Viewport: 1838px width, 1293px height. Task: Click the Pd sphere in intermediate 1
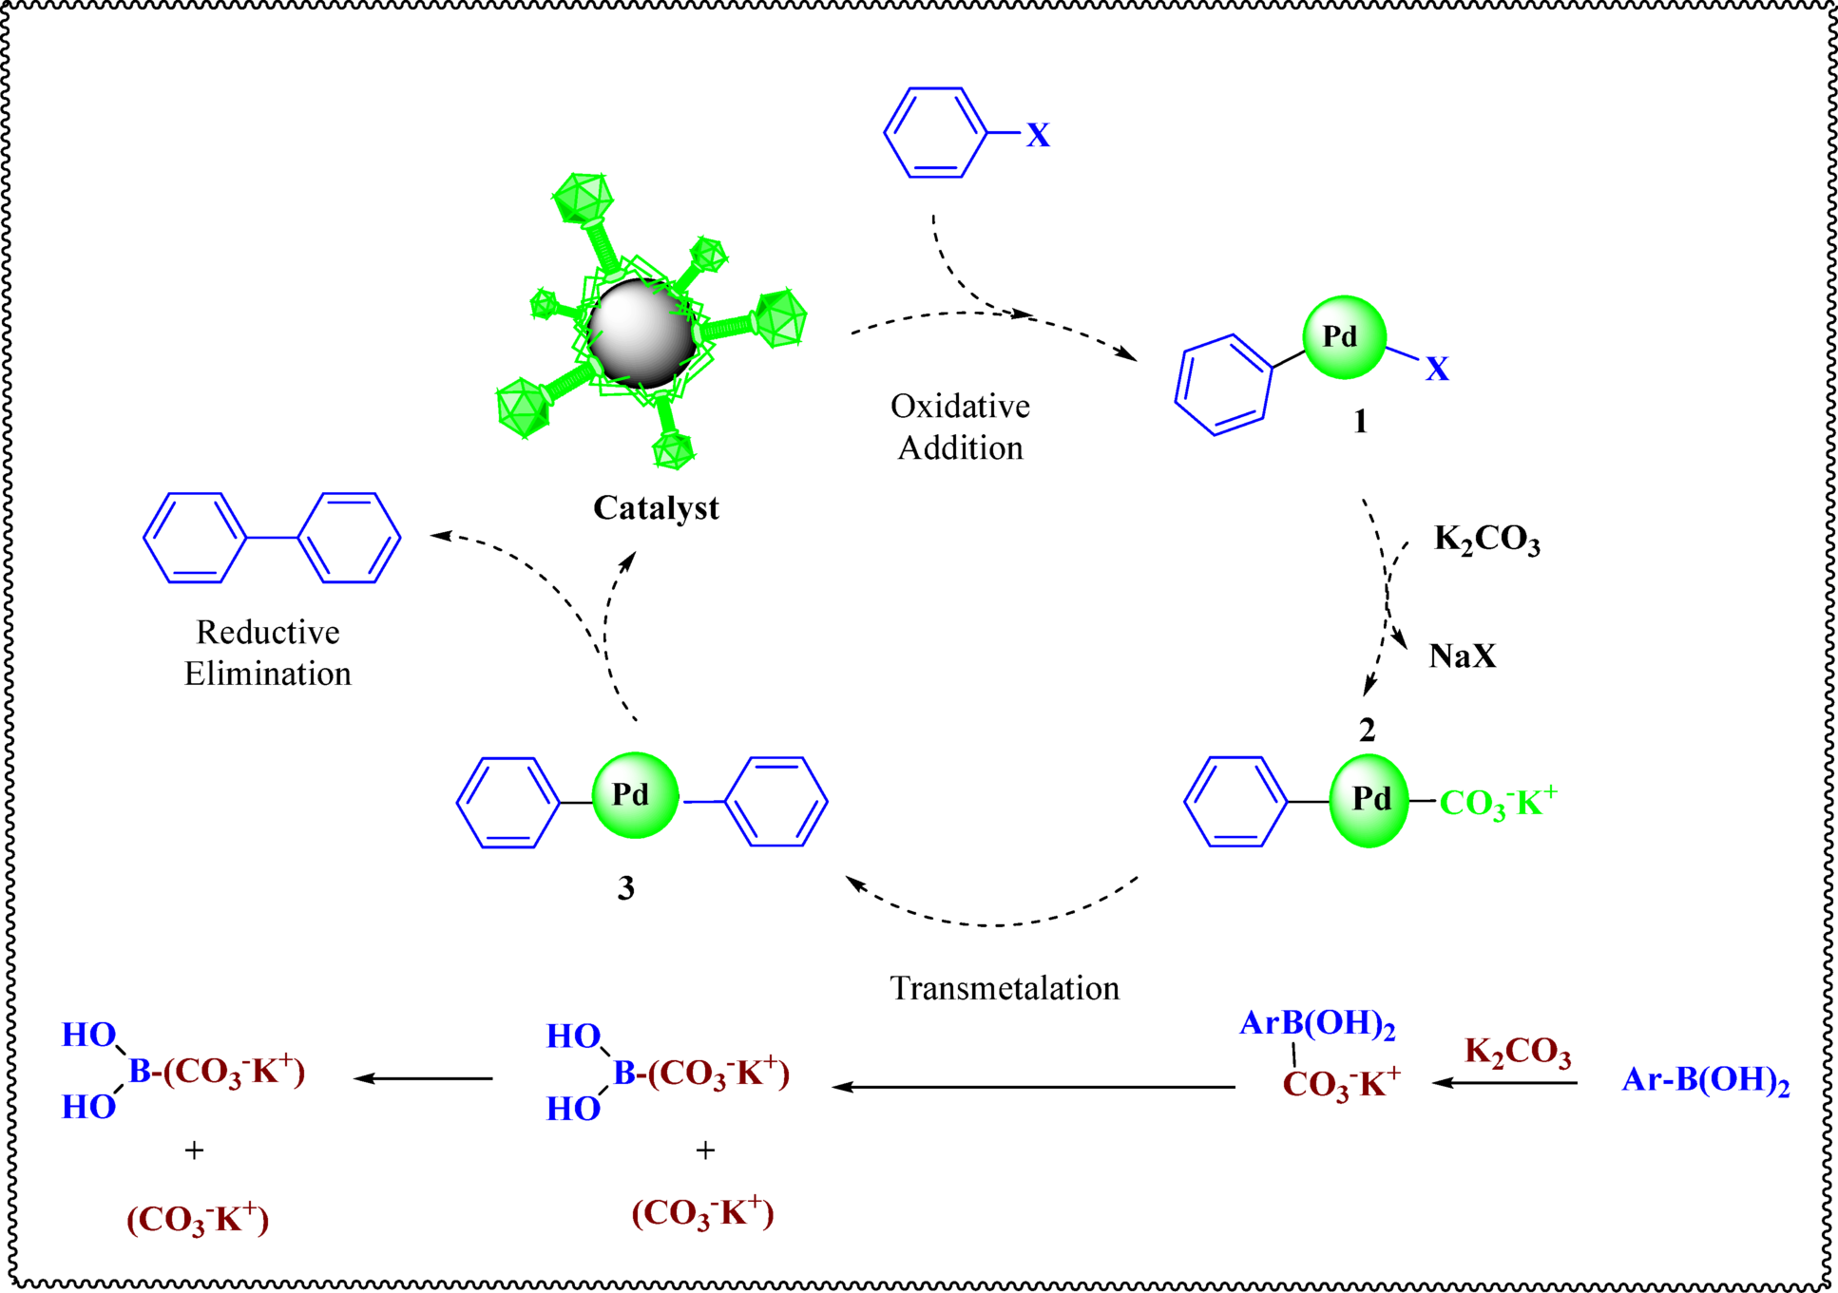[x=1344, y=337]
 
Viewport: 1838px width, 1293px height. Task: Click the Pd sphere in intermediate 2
[x=1369, y=800]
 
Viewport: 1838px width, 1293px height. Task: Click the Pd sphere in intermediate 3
[x=635, y=795]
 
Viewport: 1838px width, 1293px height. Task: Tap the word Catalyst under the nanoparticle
[x=656, y=508]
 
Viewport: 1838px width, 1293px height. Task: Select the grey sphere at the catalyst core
[x=641, y=333]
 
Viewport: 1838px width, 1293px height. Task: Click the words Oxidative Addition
[x=960, y=428]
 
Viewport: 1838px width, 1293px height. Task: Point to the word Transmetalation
[x=1005, y=989]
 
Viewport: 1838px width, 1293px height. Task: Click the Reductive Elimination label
[x=267, y=653]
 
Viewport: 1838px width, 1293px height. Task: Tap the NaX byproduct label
[x=1462, y=656]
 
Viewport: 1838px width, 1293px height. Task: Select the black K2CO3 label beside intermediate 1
[x=1486, y=540]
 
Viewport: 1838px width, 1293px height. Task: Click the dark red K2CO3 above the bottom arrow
[x=1518, y=1053]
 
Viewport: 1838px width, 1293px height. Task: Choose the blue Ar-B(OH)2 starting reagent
[x=1705, y=1081]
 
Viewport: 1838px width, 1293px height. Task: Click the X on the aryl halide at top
[x=1038, y=136]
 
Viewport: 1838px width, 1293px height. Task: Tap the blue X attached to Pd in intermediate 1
[x=1436, y=369]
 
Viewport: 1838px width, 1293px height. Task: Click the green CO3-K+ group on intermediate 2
[x=1498, y=803]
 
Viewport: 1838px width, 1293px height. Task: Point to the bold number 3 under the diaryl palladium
[x=625, y=888]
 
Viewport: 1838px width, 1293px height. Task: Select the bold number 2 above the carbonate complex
[x=1367, y=730]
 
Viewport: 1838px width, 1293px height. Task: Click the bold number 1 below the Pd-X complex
[x=1360, y=421]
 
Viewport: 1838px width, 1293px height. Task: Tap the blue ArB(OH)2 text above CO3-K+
[x=1317, y=1024]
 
